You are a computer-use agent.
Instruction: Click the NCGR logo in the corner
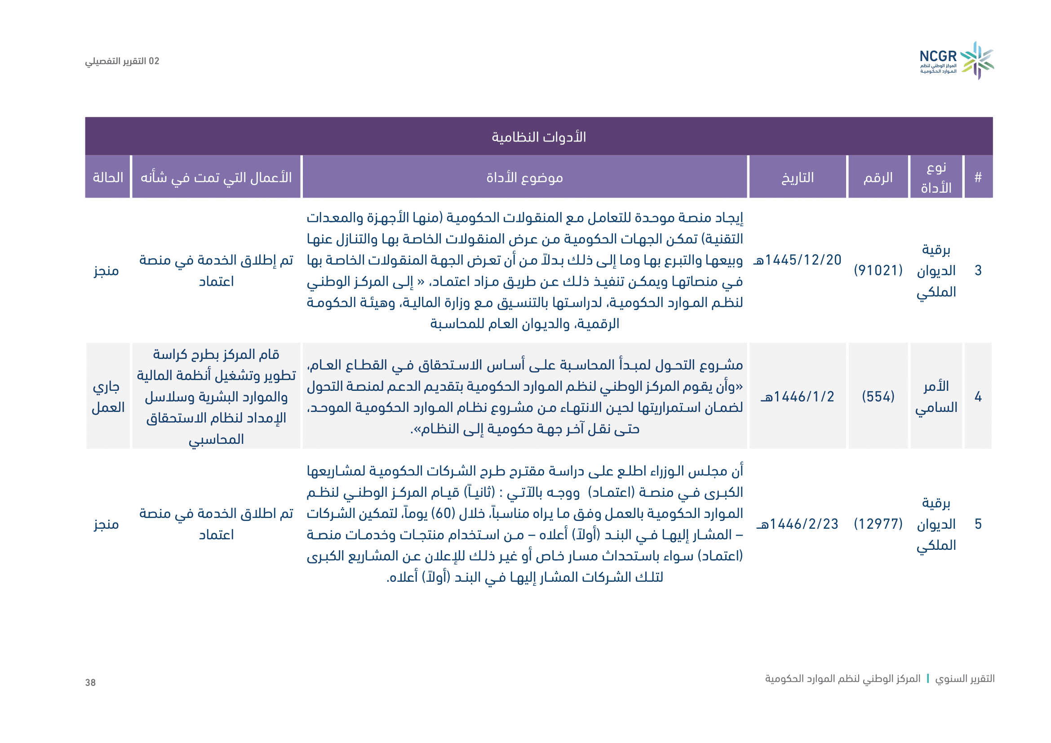956,61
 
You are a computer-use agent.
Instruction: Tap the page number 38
91,682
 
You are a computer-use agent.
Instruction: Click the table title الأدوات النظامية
539,137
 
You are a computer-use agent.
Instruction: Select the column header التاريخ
798,177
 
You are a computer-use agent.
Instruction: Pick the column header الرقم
878,177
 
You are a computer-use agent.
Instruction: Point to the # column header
978,177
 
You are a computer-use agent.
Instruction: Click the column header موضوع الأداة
524,177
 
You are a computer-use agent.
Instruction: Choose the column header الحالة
108,177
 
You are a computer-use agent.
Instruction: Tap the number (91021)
878,270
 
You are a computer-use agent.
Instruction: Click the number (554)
878,396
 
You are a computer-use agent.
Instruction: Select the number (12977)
878,523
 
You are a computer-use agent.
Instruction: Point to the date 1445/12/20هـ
798,260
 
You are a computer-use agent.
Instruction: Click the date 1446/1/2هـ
798,396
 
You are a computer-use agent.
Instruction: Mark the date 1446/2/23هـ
798,523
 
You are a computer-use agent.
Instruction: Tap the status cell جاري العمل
108,397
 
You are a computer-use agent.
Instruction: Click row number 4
978,396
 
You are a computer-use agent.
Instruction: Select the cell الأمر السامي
936,397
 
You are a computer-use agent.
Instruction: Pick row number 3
978,270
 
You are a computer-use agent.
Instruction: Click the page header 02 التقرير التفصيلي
122,61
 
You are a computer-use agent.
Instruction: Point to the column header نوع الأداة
936,177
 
